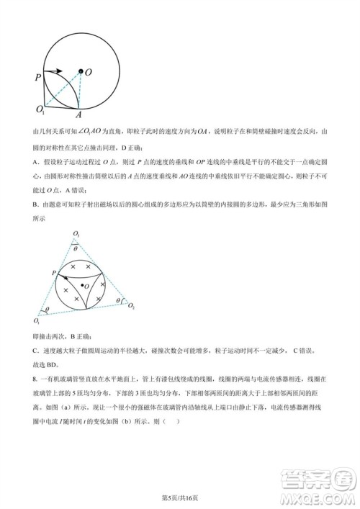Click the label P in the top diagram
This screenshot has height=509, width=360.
(37, 75)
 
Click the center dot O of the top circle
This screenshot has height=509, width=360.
(81, 73)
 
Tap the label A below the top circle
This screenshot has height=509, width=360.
(78, 114)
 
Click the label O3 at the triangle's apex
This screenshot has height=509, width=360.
(76, 235)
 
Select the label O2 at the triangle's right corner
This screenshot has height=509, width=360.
(131, 306)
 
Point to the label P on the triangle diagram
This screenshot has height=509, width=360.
(54, 272)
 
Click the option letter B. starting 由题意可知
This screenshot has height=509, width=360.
(36, 204)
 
